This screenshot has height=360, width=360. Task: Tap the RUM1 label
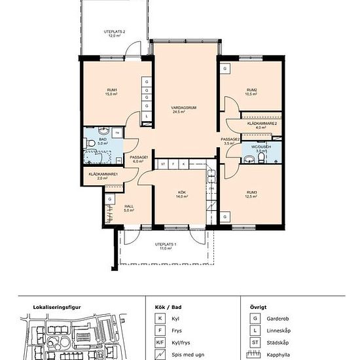click(113, 90)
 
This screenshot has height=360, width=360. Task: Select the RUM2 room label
click(251, 90)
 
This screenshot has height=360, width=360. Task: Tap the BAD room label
click(103, 139)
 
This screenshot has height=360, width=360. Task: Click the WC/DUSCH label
click(261, 147)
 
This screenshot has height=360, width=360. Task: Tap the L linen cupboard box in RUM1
click(147, 117)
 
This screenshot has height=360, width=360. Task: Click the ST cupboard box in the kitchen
click(162, 163)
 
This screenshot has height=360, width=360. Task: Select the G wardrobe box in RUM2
click(225, 69)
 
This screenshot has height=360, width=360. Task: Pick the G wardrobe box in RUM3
click(225, 217)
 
